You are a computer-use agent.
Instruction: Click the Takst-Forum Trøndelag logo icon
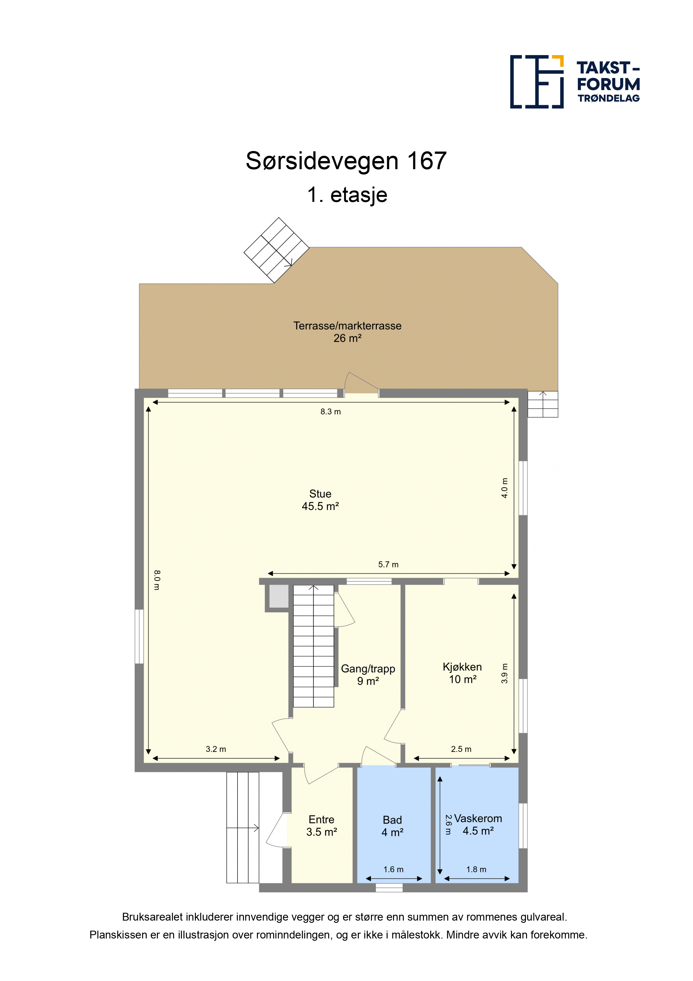click(537, 82)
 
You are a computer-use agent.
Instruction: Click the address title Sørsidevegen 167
click(346, 161)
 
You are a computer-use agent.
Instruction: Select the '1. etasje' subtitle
click(347, 195)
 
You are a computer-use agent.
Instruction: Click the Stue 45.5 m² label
click(320, 500)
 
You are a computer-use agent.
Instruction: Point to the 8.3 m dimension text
click(331, 411)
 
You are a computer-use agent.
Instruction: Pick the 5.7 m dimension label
click(388, 564)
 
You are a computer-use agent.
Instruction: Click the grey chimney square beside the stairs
click(279, 596)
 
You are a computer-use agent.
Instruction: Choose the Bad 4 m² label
click(392, 826)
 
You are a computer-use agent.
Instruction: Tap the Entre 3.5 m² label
click(322, 826)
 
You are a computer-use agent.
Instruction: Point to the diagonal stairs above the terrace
click(276, 250)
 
